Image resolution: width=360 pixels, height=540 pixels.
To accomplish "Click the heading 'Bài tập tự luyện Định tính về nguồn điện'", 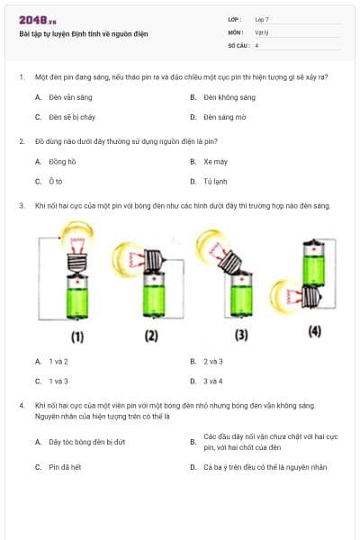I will tap(83, 34).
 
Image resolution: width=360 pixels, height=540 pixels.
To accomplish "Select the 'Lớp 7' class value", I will tap(262, 19).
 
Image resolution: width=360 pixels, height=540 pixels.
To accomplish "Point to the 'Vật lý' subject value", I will tap(261, 31).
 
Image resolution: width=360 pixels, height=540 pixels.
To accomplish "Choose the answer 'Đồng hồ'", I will tap(60, 162).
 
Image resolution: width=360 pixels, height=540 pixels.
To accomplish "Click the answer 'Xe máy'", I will tap(213, 162).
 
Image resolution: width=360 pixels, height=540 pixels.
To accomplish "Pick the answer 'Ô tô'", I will tap(54, 182).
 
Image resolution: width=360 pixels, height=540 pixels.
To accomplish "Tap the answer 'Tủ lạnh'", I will tap(214, 182).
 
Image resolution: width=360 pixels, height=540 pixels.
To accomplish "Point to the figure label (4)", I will tap(314, 330).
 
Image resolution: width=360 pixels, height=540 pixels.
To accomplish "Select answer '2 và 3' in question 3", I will tap(213, 361).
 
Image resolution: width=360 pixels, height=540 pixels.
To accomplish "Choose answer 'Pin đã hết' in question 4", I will tap(65, 467).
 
